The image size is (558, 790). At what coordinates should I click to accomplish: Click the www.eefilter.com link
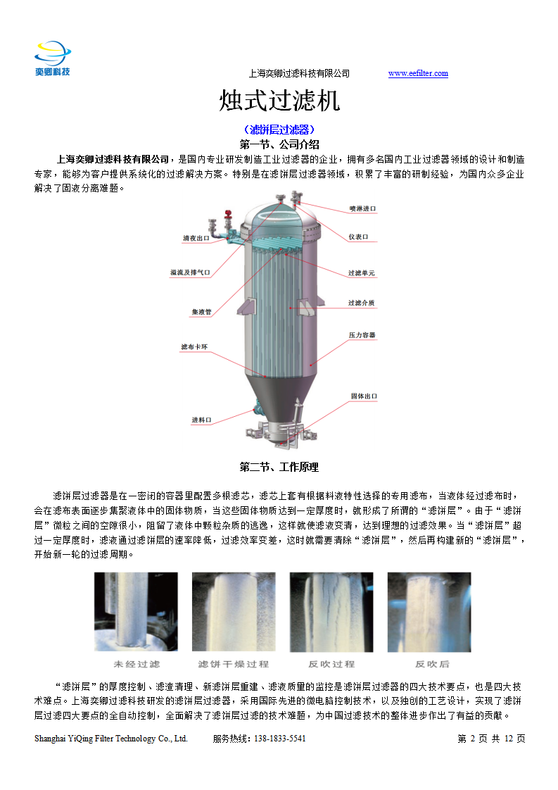[x=418, y=73]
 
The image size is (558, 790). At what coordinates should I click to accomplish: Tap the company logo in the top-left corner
[x=53, y=58]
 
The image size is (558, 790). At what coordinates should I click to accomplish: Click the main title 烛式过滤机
[x=279, y=100]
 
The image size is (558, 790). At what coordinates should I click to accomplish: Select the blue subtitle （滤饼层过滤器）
[x=279, y=130]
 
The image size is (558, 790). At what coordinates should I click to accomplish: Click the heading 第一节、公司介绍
[x=279, y=144]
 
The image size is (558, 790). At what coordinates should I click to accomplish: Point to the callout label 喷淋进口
[x=362, y=208]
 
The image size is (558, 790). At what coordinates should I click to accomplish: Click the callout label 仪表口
[x=358, y=237]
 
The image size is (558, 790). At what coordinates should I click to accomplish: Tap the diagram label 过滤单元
[x=361, y=273]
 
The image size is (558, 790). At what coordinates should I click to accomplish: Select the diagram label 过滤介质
[x=361, y=303]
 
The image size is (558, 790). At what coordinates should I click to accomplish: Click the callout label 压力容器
[x=362, y=335]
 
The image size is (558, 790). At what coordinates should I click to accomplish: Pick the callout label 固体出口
[x=364, y=396]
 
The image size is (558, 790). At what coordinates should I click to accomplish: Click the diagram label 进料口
[x=201, y=420]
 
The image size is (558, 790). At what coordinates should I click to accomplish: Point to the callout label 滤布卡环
[x=194, y=347]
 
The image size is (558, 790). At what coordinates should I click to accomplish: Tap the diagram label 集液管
[x=201, y=313]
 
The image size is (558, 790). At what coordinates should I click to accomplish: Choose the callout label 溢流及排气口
[x=190, y=272]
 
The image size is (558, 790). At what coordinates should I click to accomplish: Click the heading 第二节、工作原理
[x=279, y=467]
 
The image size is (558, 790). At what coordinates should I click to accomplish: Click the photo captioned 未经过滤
[x=136, y=612]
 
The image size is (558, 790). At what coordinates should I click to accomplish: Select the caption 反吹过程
[x=331, y=664]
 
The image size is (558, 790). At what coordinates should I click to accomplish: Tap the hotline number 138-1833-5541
[x=279, y=739]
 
